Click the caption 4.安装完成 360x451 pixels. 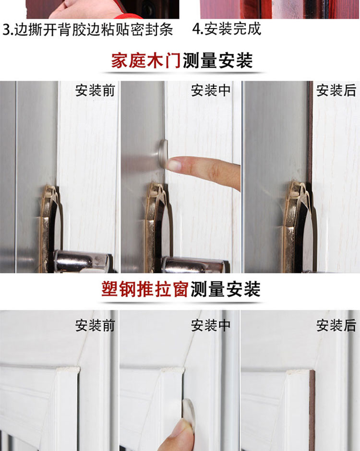pyautogui.click(x=227, y=29)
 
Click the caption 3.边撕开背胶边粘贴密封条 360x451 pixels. pyautogui.click(x=88, y=29)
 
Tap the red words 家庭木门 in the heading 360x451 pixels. pyautogui.click(x=146, y=60)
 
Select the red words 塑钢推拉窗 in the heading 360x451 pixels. pyautogui.click(x=145, y=289)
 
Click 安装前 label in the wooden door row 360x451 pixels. pyautogui.click(x=95, y=91)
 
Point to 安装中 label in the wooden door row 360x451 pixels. pyautogui.click(x=211, y=91)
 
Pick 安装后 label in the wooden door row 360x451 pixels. pyautogui.click(x=336, y=91)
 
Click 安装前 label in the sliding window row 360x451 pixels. pyautogui.click(x=95, y=325)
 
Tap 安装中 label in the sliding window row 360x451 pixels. pyautogui.click(x=211, y=325)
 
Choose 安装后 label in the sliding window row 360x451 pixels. pyautogui.click(x=336, y=325)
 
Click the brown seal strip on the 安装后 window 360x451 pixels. pyautogui.click(x=312, y=411)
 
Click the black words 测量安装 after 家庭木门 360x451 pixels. pyautogui.click(x=217, y=60)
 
